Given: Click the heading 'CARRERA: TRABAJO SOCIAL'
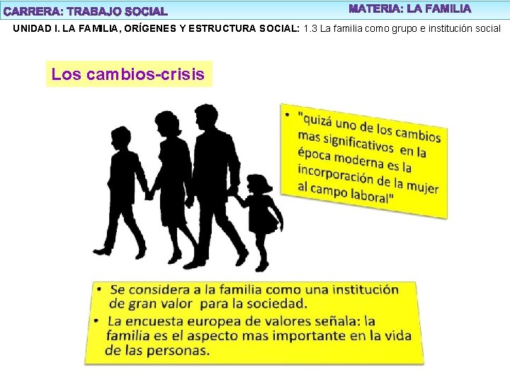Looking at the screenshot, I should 86,11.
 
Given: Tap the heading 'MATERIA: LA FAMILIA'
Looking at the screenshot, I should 409,9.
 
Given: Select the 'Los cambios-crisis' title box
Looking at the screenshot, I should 128,74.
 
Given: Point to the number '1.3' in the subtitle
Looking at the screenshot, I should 310,29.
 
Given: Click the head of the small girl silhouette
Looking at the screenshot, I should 259,185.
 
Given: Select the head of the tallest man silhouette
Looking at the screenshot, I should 205,117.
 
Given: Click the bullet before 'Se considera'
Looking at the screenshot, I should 100,289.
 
